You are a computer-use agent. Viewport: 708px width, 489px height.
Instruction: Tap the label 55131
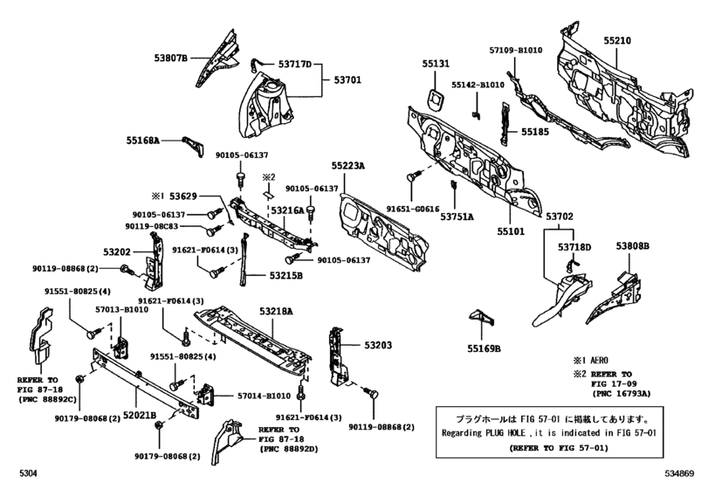click(x=437, y=64)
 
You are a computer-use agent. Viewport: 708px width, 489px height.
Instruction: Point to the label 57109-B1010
click(x=516, y=51)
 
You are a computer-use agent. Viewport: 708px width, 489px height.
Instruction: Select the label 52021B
click(x=139, y=415)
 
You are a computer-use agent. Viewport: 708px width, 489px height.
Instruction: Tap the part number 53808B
click(x=633, y=246)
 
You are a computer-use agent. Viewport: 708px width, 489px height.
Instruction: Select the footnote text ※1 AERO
click(x=592, y=360)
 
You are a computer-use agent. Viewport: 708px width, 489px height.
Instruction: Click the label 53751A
click(x=456, y=217)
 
